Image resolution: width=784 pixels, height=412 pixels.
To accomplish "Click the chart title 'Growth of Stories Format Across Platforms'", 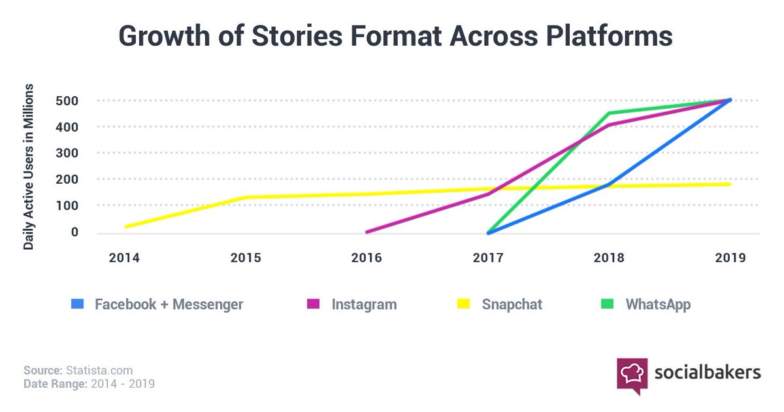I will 395,36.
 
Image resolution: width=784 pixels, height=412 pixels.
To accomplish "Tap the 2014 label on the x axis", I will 124,258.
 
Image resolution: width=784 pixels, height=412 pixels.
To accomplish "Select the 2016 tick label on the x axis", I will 367,258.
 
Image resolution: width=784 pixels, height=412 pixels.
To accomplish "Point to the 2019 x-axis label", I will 730,258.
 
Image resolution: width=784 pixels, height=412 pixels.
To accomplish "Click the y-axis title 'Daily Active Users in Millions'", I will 29,166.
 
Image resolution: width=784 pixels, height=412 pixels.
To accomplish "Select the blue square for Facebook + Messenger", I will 77,304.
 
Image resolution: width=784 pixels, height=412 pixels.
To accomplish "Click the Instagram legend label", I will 364,304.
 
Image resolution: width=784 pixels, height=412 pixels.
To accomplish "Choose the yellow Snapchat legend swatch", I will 463,304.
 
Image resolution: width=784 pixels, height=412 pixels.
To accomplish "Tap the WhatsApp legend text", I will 658,304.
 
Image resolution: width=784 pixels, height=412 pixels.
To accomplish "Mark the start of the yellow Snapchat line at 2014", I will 125,226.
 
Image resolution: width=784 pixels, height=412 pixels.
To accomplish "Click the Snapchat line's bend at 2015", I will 246,197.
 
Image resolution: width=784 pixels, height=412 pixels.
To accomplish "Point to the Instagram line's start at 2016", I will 367,232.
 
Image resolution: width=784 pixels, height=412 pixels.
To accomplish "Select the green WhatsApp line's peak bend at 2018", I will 609,112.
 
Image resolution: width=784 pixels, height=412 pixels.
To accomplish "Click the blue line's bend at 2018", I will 609,184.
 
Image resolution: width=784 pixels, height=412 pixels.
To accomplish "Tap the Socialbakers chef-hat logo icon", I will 632,375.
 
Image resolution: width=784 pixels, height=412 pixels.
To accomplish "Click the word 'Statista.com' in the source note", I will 95,371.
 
